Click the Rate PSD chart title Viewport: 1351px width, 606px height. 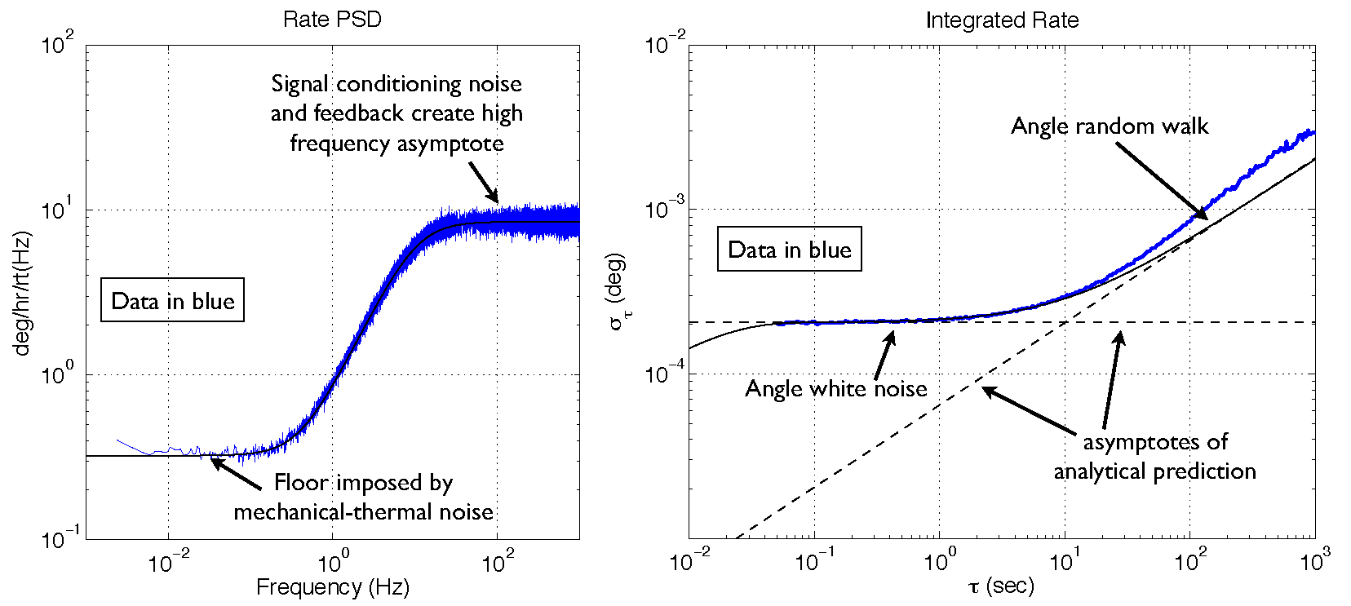[332, 20]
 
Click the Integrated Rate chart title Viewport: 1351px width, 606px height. [1002, 20]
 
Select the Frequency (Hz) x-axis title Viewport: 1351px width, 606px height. [332, 587]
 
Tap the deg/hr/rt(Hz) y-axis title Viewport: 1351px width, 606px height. [22, 294]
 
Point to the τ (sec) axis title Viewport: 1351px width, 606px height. [1001, 586]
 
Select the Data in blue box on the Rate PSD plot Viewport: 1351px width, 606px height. [172, 301]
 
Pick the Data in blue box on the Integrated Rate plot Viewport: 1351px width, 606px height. [789, 250]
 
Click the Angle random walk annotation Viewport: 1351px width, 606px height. [1110, 126]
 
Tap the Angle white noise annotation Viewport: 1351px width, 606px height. [835, 389]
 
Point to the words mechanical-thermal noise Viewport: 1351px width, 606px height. [363, 512]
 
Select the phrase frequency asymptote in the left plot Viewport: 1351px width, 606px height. [396, 144]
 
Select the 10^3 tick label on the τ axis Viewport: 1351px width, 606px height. [1314, 561]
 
